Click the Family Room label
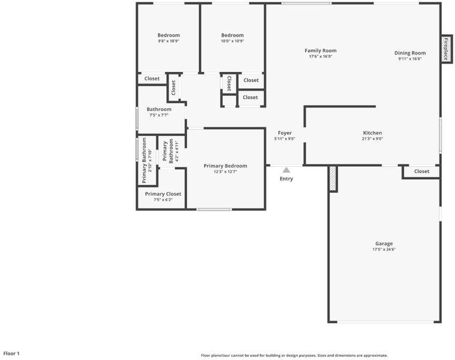[x=321, y=50]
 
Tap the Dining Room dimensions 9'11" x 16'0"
[x=410, y=59]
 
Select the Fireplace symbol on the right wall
[x=446, y=49]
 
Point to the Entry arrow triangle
[x=286, y=170]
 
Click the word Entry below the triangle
[x=286, y=179]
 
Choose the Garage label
[x=384, y=244]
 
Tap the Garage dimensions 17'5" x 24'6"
[x=384, y=249]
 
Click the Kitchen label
[x=372, y=133]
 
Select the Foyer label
[x=285, y=133]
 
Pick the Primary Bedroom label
[x=225, y=166]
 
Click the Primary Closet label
[x=163, y=194]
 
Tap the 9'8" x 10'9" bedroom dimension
[x=169, y=41]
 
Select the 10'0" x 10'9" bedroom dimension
[x=232, y=41]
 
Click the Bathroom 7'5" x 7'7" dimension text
[x=158, y=115]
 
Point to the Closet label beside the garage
[x=421, y=172]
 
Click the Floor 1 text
[x=11, y=353]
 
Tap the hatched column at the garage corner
[x=333, y=178]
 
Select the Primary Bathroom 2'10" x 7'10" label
[x=147, y=160]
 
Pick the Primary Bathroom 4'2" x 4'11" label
[x=170, y=151]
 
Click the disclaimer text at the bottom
[x=294, y=355]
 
